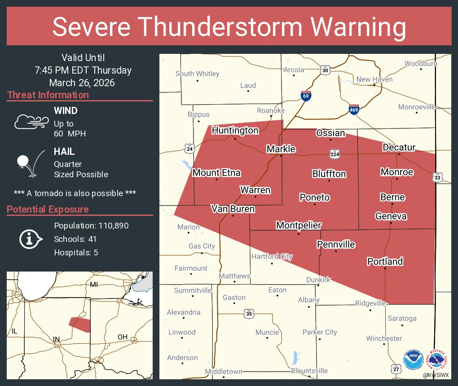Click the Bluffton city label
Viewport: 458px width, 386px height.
click(x=329, y=174)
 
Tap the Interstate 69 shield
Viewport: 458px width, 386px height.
click(x=305, y=96)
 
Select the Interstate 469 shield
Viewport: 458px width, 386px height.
click(x=354, y=110)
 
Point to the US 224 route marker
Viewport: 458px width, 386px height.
click(x=335, y=154)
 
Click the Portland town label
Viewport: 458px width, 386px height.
click(x=385, y=261)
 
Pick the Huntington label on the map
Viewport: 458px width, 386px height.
click(x=235, y=131)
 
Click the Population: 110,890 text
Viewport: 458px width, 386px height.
click(x=91, y=225)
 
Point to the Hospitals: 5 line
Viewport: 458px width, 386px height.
click(x=76, y=252)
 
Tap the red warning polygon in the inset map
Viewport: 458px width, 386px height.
click(x=79, y=324)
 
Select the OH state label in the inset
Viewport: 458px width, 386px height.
click(x=122, y=337)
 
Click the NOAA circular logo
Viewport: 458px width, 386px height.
click(x=413, y=360)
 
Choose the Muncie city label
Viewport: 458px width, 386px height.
click(x=267, y=333)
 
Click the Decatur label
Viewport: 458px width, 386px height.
click(x=399, y=147)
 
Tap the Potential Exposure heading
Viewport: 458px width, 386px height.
click(x=48, y=209)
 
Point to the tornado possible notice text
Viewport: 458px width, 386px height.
click(x=75, y=193)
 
